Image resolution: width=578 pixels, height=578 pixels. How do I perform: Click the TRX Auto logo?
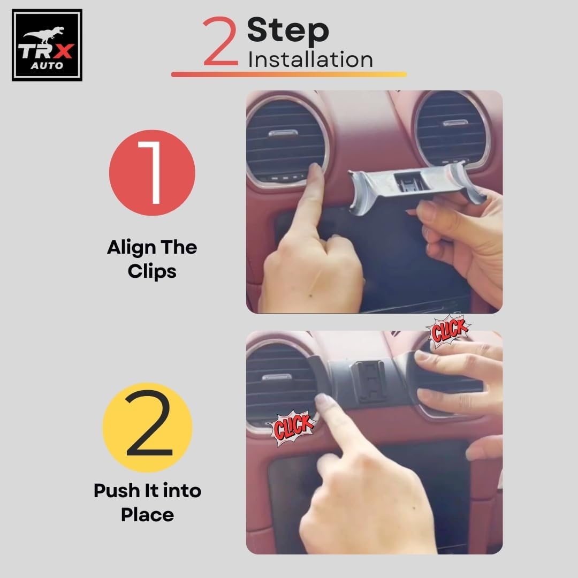(x=47, y=45)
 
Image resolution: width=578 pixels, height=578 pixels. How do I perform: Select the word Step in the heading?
(x=288, y=31)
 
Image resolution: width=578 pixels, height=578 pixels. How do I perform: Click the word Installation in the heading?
(x=310, y=59)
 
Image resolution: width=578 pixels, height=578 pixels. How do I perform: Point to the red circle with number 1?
(x=152, y=172)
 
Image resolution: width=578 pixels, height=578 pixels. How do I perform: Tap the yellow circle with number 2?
(x=148, y=427)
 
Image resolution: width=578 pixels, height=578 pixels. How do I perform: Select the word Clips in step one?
(x=152, y=271)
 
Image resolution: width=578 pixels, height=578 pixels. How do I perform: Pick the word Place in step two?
(x=148, y=515)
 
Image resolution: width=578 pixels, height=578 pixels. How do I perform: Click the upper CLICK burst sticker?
(x=448, y=331)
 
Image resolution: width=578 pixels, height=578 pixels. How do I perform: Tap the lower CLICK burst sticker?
(x=292, y=428)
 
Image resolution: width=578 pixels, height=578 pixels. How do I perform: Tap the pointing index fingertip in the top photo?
(x=316, y=171)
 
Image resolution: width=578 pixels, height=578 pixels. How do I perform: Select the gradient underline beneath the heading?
(x=289, y=74)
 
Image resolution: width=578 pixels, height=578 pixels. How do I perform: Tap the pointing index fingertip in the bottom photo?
(x=324, y=401)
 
